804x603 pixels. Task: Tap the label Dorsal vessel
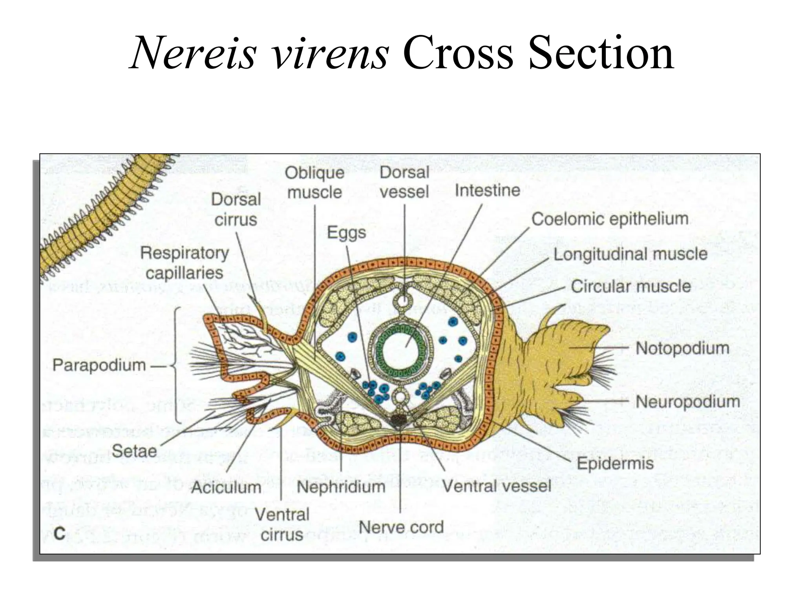tap(404, 182)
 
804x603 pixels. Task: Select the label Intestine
tap(487, 191)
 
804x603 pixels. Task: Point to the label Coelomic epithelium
tap(610, 219)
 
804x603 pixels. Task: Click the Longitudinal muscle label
tap(630, 254)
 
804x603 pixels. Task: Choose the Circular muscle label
tap(630, 286)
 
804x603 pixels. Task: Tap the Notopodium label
tap(682, 348)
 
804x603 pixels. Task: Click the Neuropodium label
tap(687, 402)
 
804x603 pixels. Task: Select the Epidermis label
tap(615, 464)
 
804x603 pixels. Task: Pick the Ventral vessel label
tap(497, 486)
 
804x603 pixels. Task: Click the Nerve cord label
tap(401, 527)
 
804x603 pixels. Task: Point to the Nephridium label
tap(341, 487)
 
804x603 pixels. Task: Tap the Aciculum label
tap(226, 488)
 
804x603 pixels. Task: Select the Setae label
tap(134, 451)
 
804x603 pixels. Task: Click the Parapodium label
tap(99, 365)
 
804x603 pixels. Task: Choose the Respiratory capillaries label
tap(185, 263)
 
